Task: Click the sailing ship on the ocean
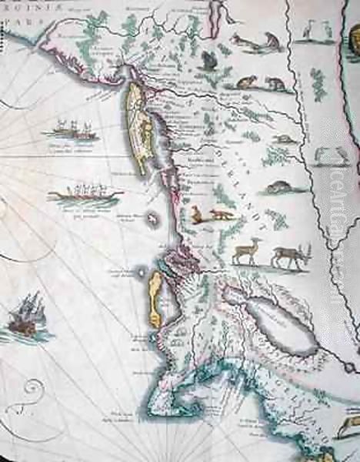coord(25,314)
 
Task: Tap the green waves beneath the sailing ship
coord(28,334)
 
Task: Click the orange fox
coord(219,215)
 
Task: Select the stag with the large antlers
coord(292,254)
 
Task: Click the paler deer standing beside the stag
coord(248,251)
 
